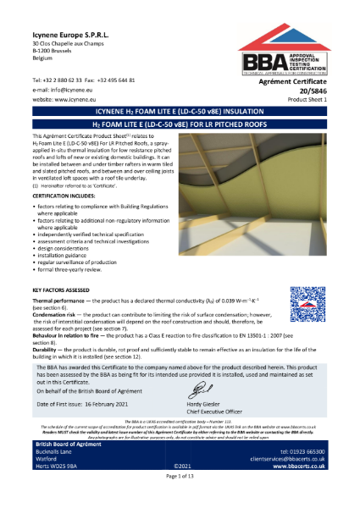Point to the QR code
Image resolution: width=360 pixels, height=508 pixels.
307,323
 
